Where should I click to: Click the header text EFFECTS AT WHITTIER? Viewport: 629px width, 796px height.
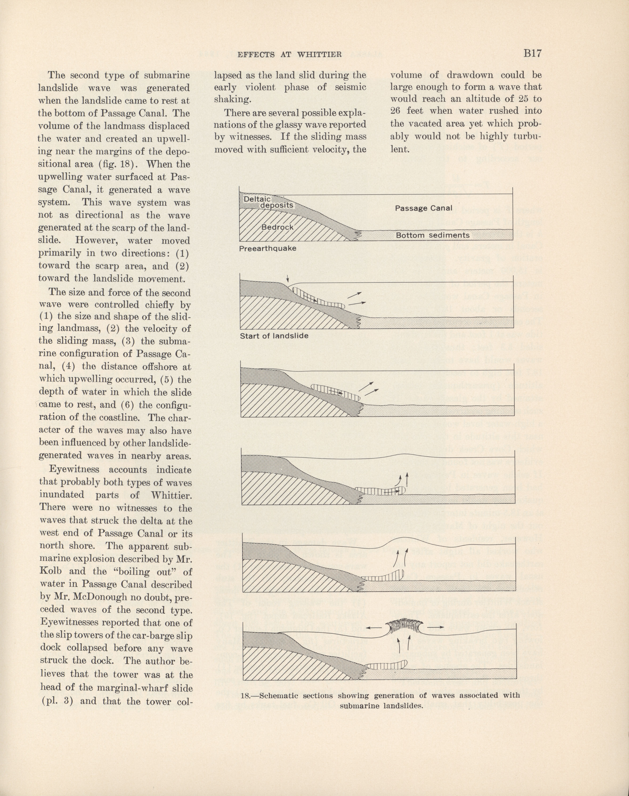(289, 55)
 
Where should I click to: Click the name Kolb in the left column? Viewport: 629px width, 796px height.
(50, 571)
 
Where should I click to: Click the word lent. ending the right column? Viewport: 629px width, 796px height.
(400, 149)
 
